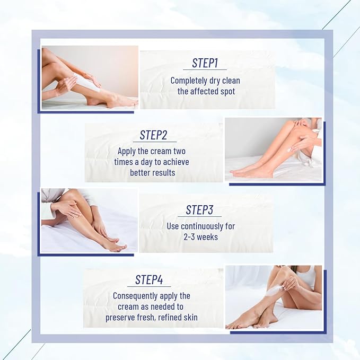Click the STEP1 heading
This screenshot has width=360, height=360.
(x=205, y=63)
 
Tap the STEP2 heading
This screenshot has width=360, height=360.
(x=154, y=135)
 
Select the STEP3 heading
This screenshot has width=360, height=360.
(x=199, y=210)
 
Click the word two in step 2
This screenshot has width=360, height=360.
(x=179, y=152)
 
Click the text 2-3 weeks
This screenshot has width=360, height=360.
(x=200, y=236)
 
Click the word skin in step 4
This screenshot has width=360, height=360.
(x=189, y=317)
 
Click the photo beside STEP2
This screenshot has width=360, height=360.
(x=273, y=150)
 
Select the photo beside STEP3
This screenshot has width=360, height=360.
(x=89, y=220)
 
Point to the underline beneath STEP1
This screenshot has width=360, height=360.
(x=205, y=70)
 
